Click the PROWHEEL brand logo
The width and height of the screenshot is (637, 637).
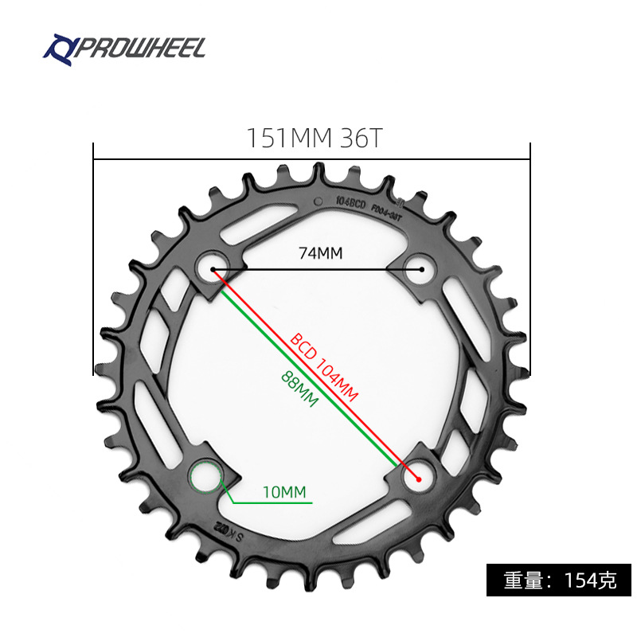pos(124,49)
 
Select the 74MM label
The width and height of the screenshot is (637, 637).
pos(320,253)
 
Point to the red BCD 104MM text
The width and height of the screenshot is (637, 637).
pos(324,367)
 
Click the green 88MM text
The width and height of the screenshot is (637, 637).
pos(299,388)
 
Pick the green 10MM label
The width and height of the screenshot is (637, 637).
pos(284,492)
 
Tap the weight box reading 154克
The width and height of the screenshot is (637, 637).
pos(560,580)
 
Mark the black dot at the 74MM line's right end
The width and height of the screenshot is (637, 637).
pos(421,270)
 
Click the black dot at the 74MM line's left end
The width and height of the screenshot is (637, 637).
pos(213,270)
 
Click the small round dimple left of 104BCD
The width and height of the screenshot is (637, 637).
pos(318,201)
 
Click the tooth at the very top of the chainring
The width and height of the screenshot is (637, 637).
pos(319,170)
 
